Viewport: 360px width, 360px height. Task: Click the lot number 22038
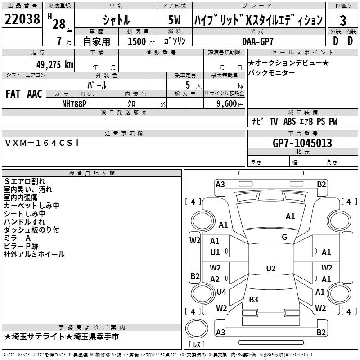[22, 20]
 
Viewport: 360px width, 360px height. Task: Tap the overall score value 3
[343, 20]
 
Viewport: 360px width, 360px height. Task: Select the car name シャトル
[116, 20]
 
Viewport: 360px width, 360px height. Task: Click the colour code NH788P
[74, 103]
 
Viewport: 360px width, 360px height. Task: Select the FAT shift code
[13, 94]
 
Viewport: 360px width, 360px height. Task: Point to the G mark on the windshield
[284, 237]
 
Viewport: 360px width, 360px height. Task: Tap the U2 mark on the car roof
[270, 269]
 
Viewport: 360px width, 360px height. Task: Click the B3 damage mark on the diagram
[253, 299]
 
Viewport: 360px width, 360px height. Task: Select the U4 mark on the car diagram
[221, 292]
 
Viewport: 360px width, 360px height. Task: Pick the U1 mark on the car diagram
[215, 252]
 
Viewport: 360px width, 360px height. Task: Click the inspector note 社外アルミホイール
[34, 254]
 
